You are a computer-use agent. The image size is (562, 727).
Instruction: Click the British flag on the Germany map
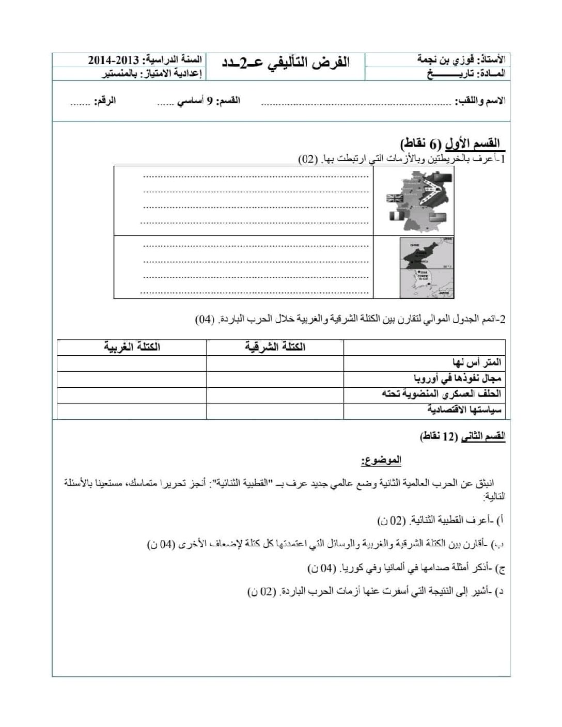(x=395, y=199)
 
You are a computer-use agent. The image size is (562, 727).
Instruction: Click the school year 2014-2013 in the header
(x=112, y=60)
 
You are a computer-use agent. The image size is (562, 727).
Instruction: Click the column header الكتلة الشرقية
(x=275, y=347)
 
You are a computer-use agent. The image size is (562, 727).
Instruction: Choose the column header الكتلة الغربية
(x=132, y=347)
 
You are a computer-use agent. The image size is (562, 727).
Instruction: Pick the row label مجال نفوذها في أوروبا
(x=457, y=378)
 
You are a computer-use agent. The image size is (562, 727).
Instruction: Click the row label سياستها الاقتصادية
(x=464, y=410)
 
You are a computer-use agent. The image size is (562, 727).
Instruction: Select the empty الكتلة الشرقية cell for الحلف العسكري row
(x=275, y=394)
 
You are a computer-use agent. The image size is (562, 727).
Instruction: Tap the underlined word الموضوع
(x=381, y=460)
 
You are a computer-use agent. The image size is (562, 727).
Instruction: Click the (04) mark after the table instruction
(x=205, y=320)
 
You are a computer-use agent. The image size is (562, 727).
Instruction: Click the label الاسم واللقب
(x=480, y=101)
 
